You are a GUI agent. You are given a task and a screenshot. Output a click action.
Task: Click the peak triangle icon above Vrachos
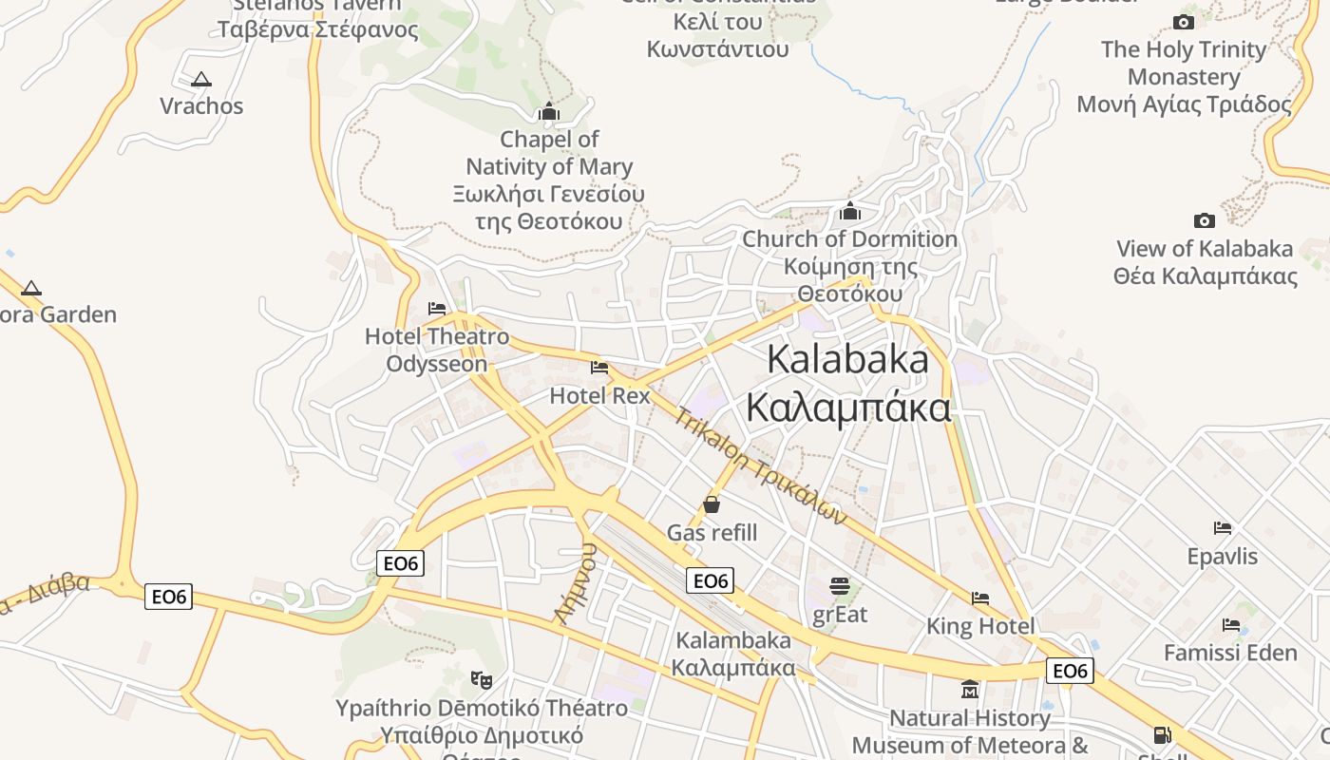click(x=200, y=80)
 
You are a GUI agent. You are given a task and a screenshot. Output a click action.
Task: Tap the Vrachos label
click(x=201, y=105)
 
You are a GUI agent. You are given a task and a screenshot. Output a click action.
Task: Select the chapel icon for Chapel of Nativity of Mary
click(x=549, y=112)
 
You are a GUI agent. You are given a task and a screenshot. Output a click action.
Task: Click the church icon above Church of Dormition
click(x=849, y=211)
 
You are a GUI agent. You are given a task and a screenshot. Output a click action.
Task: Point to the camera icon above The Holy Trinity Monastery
click(x=1184, y=22)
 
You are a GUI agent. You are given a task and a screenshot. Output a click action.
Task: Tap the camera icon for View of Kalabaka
click(x=1204, y=220)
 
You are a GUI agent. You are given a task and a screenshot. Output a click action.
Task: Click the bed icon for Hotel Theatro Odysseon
click(x=437, y=309)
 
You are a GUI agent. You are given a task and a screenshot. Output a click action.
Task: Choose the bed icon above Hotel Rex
click(x=599, y=367)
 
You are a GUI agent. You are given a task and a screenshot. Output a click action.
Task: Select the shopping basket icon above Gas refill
click(x=712, y=504)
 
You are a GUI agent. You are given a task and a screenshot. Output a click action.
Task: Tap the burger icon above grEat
click(x=840, y=585)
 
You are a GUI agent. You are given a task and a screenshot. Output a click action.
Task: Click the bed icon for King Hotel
click(x=980, y=598)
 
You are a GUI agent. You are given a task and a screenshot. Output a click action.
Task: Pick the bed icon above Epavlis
click(x=1223, y=528)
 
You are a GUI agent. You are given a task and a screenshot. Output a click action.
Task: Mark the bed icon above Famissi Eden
click(x=1231, y=625)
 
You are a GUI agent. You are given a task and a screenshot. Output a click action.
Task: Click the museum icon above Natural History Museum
click(x=970, y=689)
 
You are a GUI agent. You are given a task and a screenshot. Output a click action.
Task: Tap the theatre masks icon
click(x=482, y=679)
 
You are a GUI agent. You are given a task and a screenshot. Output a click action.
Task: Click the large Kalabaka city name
click(x=848, y=383)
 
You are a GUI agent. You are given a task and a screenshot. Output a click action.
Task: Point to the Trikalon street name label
click(x=760, y=466)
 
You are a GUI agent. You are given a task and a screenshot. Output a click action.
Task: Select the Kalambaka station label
click(x=732, y=654)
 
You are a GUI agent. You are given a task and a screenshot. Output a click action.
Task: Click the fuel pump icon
click(x=1162, y=735)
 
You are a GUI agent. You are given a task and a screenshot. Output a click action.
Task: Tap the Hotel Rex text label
click(x=600, y=395)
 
